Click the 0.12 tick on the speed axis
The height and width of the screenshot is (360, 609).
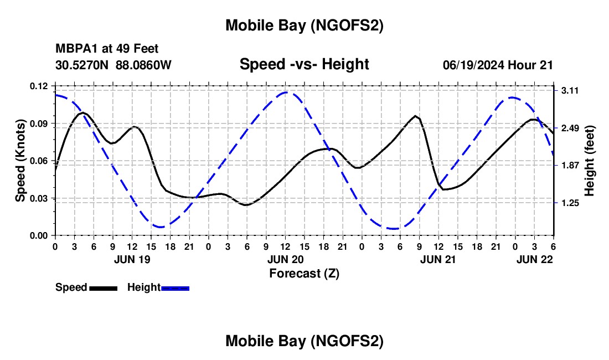[39, 86]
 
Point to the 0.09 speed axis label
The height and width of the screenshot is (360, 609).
[39, 123]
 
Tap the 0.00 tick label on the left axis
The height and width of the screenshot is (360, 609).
[39, 235]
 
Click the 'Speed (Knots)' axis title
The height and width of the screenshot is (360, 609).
[20, 161]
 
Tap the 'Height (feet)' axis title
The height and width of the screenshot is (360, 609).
[589, 161]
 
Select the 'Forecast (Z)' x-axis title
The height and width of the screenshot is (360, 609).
[304, 273]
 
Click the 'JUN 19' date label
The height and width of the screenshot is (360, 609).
[132, 259]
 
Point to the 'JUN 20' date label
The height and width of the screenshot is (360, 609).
[285, 259]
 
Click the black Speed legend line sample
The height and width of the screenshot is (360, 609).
[103, 287]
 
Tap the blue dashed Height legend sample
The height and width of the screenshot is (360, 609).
[176, 287]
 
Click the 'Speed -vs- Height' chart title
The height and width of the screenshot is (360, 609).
[304, 64]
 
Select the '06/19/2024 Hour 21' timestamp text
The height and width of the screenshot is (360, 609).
[498, 65]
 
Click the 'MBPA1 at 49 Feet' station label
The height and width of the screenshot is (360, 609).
[107, 49]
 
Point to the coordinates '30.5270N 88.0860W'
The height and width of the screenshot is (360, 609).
[113, 65]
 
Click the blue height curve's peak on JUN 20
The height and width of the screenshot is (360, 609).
[285, 92]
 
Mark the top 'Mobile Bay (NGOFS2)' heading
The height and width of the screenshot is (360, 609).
[304, 25]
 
